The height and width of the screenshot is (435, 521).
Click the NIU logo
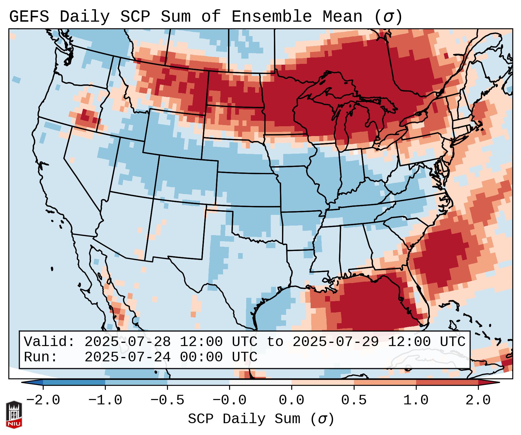14,414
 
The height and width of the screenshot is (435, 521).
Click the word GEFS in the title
29,17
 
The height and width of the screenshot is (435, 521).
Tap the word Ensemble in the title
271,17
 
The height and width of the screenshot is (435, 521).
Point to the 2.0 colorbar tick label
478,400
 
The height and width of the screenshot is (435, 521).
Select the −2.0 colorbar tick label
43,400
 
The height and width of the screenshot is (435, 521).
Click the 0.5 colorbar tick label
354,400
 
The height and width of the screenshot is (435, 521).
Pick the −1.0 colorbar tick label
105,400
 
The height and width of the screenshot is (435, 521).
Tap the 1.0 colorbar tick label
416,400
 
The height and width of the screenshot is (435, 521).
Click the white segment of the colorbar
260,382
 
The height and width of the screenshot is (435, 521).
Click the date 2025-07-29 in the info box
335,342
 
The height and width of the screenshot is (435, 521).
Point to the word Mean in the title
342,17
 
